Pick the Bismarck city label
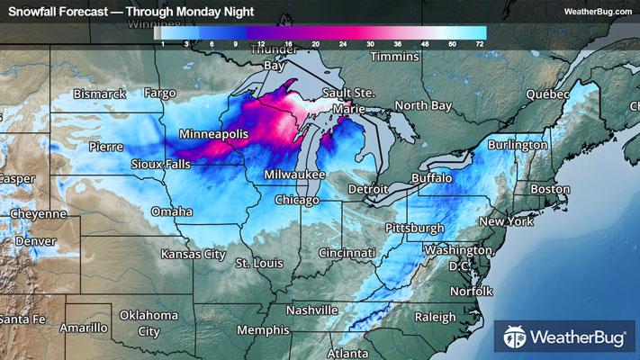coord(99,94)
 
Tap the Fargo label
coord(159,94)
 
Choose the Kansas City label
coord(193,255)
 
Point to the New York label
coord(507,221)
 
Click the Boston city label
coord(550,189)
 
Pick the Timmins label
coord(394,57)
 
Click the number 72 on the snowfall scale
coord(480,43)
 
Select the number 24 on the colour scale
coord(343,43)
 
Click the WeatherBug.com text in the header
coord(597,12)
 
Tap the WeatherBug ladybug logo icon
coord(517,337)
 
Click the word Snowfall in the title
coord(33,12)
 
